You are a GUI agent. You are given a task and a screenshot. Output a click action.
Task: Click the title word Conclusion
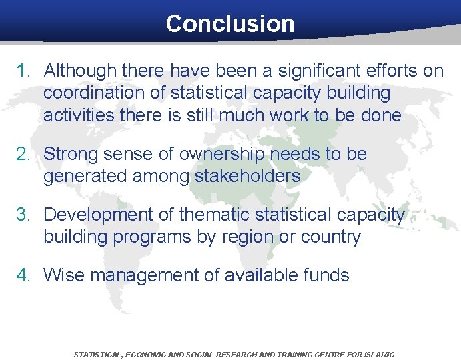coord(229,24)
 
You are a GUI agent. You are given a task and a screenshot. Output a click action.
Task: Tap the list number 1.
coord(24,71)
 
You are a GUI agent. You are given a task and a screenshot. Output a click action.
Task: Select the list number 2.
coord(24,154)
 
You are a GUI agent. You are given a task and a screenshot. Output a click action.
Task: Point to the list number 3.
coord(24,215)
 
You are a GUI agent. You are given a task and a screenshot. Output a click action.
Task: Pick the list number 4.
coord(24,275)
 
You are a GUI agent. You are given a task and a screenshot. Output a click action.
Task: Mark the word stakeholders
coord(248,176)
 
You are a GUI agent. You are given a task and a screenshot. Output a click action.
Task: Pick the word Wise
coord(64,275)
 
